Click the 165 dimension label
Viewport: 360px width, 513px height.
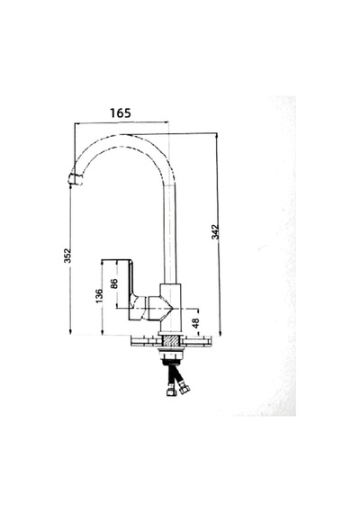[120, 112]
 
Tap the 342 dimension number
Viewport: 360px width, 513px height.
[215, 231]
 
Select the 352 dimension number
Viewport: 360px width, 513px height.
[67, 256]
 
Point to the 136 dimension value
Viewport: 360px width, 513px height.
[99, 296]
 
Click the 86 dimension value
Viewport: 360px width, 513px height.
[114, 283]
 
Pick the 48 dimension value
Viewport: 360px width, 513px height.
[195, 323]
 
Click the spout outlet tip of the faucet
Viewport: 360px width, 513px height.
[75, 180]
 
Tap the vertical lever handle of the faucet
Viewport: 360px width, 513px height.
[130, 290]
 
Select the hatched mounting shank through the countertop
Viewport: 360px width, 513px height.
[170, 342]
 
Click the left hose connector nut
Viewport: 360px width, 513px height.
[171, 391]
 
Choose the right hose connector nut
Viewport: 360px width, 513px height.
[184, 390]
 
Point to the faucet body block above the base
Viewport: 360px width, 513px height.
[170, 308]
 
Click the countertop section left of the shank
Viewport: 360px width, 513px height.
[147, 342]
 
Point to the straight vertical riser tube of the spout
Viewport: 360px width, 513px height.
[170, 234]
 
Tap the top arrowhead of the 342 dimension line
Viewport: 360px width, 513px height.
[216, 135]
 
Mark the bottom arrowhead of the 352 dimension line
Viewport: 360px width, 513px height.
[70, 332]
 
